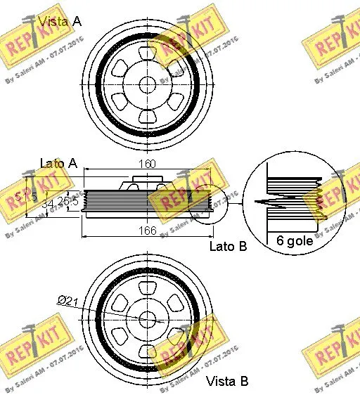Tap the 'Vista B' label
(x=226, y=382)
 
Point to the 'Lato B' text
(x=229, y=247)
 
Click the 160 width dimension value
(x=147, y=164)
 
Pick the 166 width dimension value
(x=147, y=230)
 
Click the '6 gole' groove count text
(x=294, y=240)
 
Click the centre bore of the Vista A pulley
(x=147, y=84)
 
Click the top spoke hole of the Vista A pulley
(x=147, y=53)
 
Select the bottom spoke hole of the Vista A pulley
(x=147, y=115)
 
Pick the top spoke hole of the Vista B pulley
(x=147, y=287)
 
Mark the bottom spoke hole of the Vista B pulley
(x=147, y=350)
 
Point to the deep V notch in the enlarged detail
(x=281, y=203)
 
